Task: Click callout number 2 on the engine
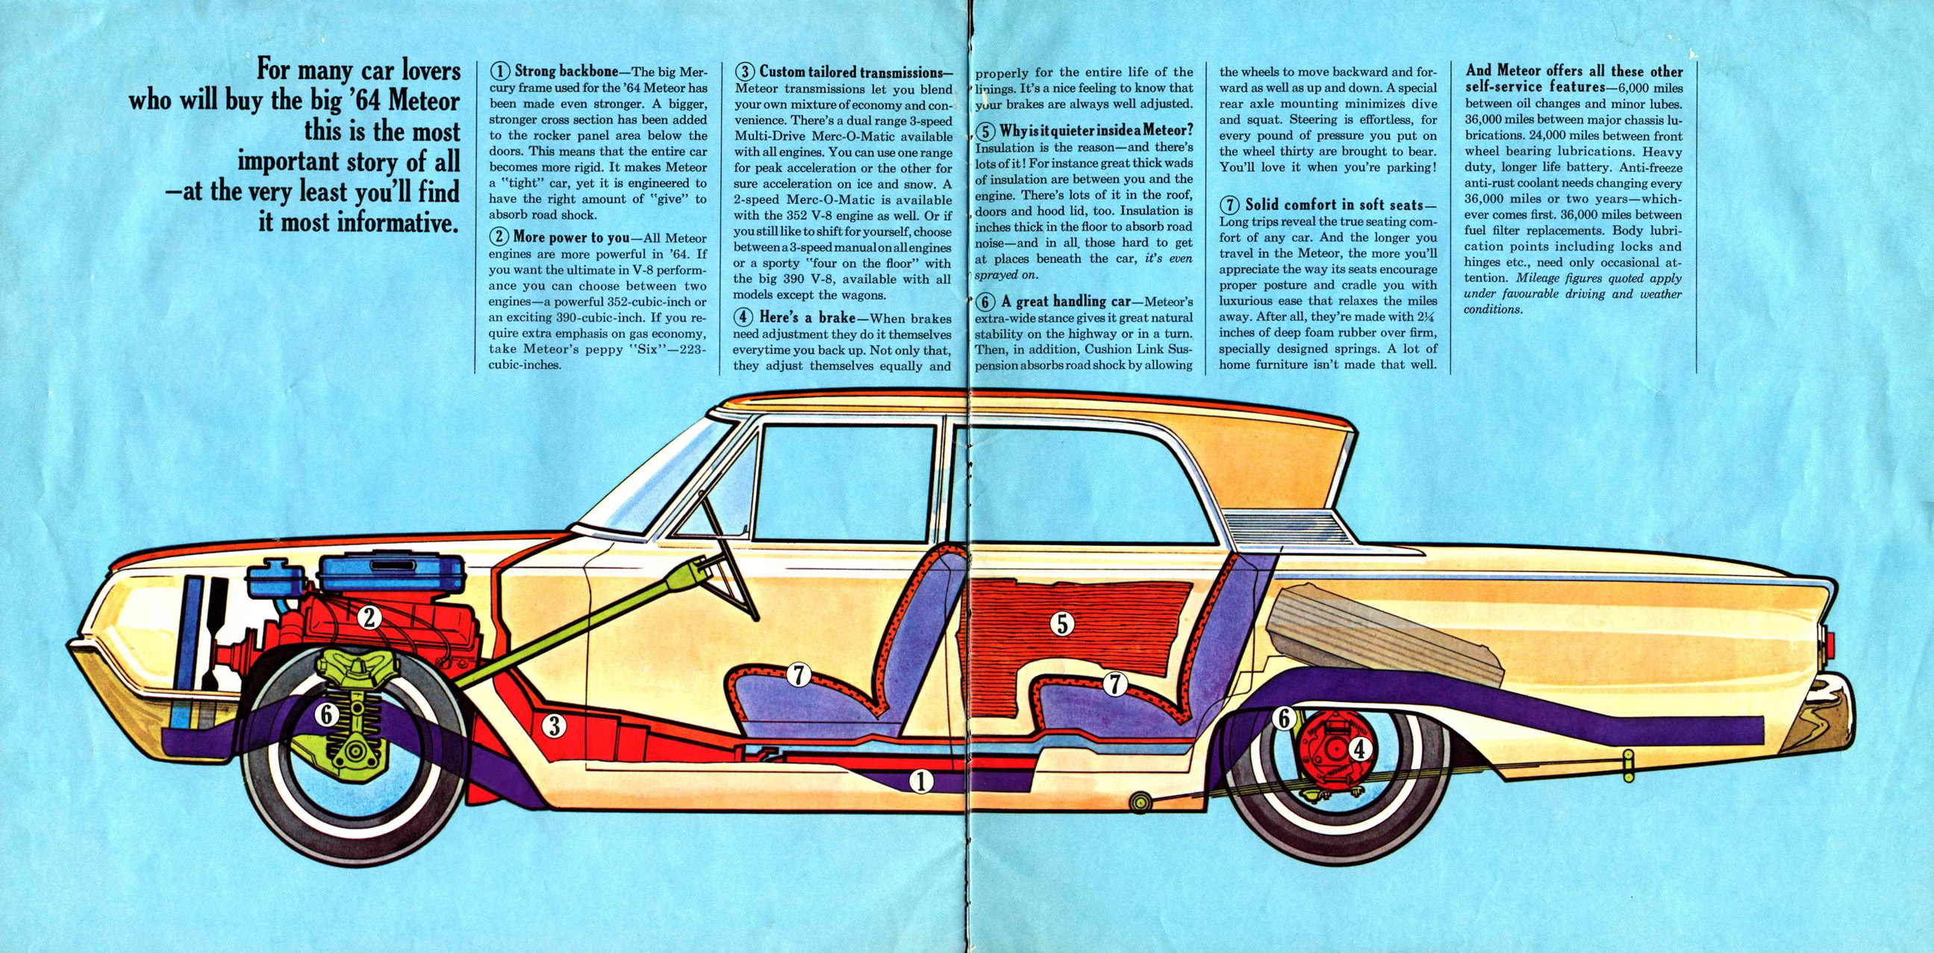click(x=369, y=617)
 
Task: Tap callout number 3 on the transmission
click(x=554, y=725)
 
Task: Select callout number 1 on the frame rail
click(x=921, y=782)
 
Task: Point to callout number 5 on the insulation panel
click(x=1061, y=623)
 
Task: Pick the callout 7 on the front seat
click(x=799, y=676)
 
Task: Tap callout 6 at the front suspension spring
click(x=326, y=715)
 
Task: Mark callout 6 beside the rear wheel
click(x=1284, y=718)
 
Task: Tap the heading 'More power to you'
click(x=571, y=238)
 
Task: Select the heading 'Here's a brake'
click(x=807, y=317)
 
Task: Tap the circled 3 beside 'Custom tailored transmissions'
click(x=744, y=72)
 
